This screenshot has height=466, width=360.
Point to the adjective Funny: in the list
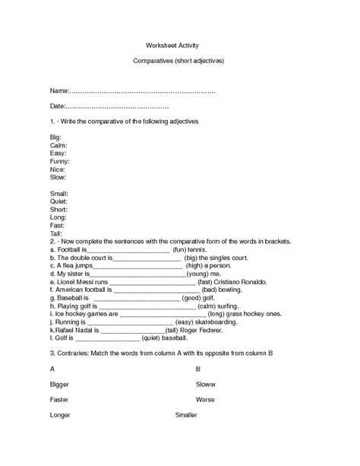(x=59, y=161)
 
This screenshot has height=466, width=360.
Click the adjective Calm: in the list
(x=58, y=144)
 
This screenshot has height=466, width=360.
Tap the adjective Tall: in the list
(x=55, y=233)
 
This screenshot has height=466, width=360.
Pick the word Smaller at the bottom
(x=186, y=415)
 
